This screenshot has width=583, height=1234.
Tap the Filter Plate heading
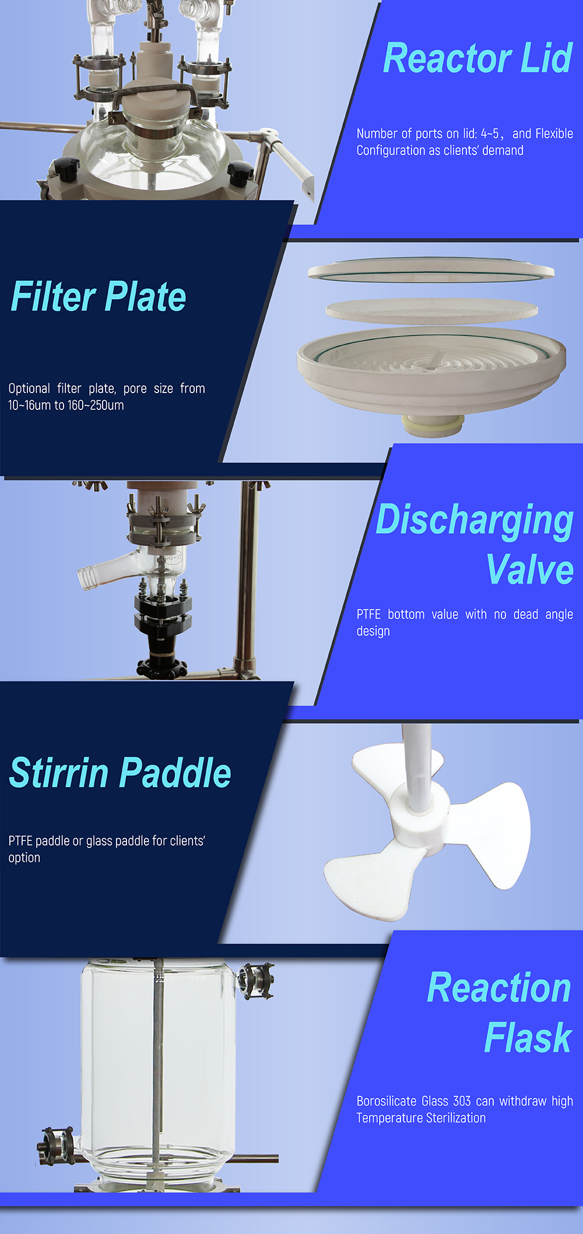[x=99, y=297]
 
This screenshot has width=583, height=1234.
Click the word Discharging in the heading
[x=475, y=520]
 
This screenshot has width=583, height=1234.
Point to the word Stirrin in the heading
[x=59, y=773]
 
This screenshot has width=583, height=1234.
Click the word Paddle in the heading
[x=176, y=773]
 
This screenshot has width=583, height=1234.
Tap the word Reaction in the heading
[x=499, y=988]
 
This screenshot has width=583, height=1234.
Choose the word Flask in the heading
[x=528, y=1038]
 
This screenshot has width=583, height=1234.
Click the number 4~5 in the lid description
[x=490, y=134]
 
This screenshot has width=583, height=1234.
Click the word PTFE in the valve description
[x=368, y=614]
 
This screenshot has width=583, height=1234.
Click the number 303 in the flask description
[x=462, y=1101]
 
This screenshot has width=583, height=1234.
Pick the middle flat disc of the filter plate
[x=431, y=308]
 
